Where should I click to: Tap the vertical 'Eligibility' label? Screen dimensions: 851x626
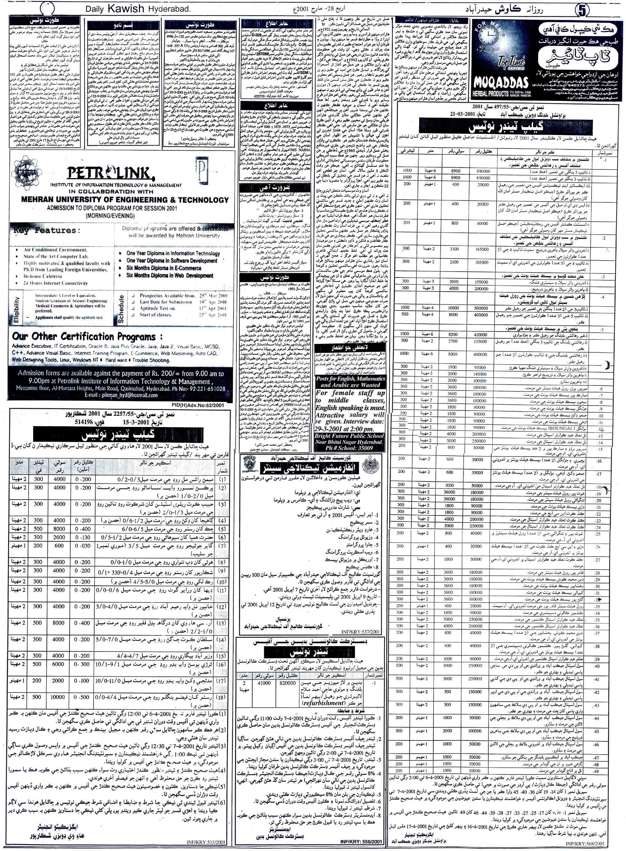click(16, 309)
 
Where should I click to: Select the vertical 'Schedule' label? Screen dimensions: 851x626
click(121, 309)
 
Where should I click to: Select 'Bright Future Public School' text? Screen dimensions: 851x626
click(349, 436)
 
